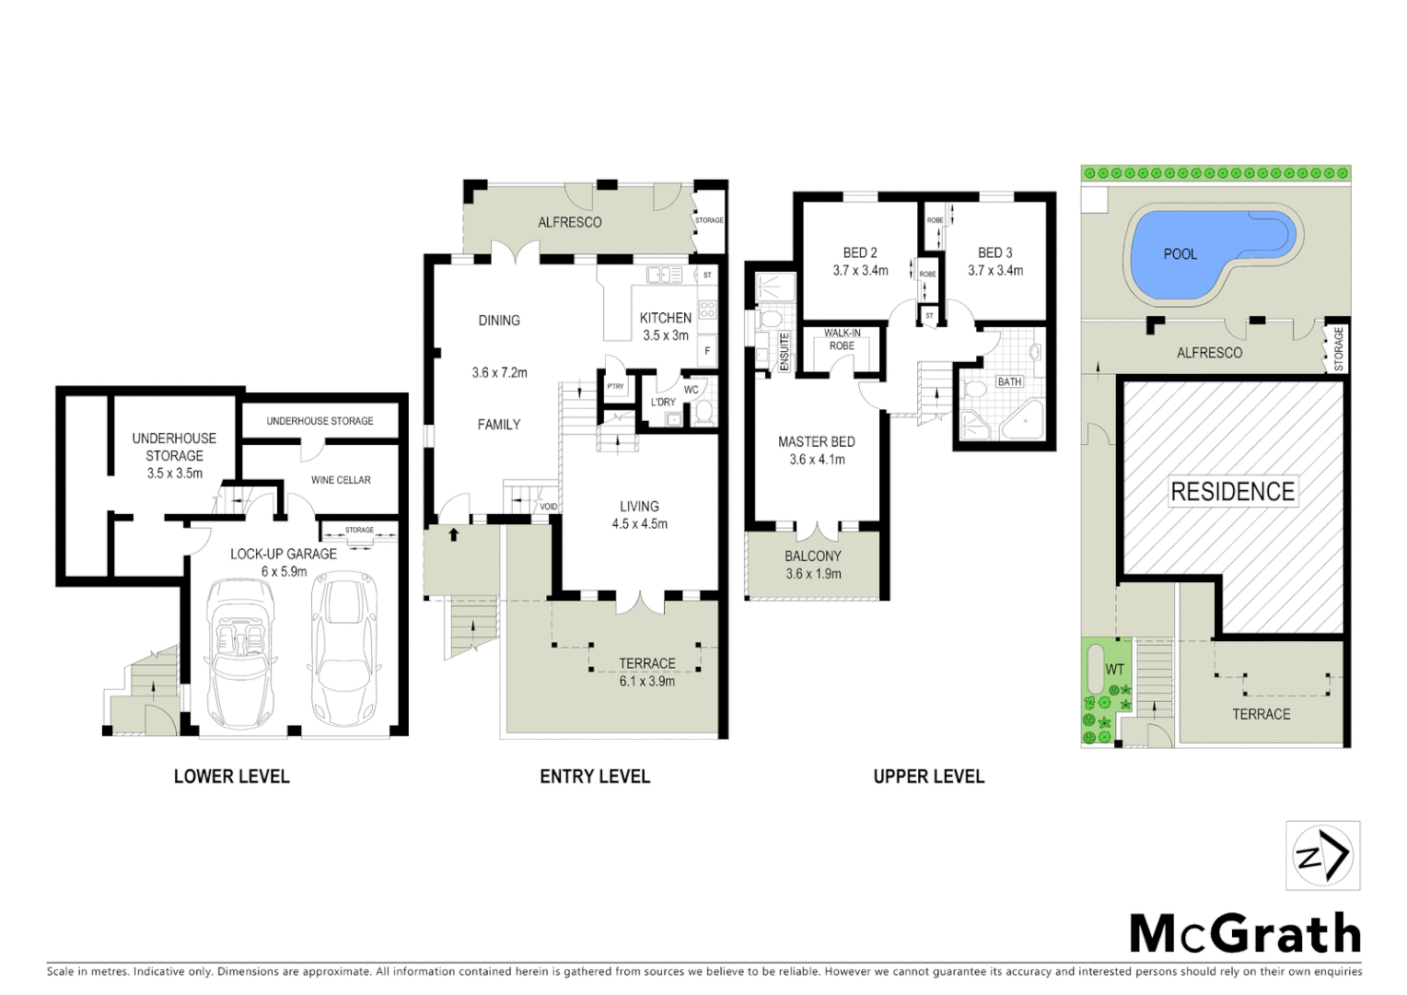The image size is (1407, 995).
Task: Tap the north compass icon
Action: [1322, 856]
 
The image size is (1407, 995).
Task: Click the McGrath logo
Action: [1245, 934]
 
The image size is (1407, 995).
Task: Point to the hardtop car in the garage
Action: [344, 649]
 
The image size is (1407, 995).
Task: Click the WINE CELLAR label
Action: [341, 480]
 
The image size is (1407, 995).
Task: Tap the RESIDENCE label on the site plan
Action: [1232, 492]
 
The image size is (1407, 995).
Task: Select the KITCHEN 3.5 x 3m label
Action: [665, 326]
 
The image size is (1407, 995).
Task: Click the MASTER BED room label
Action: [816, 442]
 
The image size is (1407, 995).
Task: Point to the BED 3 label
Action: [994, 252]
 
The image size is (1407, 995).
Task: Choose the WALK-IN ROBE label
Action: [842, 339]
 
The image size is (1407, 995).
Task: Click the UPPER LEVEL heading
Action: [928, 777]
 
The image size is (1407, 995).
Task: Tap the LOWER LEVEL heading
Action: [231, 777]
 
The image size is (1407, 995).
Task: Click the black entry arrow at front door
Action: [453, 534]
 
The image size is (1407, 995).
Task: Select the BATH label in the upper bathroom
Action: [1009, 381]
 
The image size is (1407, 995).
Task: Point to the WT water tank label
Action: [1114, 669]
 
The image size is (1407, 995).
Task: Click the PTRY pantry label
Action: [615, 387]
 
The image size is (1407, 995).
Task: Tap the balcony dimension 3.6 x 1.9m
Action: [813, 574]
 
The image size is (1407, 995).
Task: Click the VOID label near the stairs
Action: [548, 507]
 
